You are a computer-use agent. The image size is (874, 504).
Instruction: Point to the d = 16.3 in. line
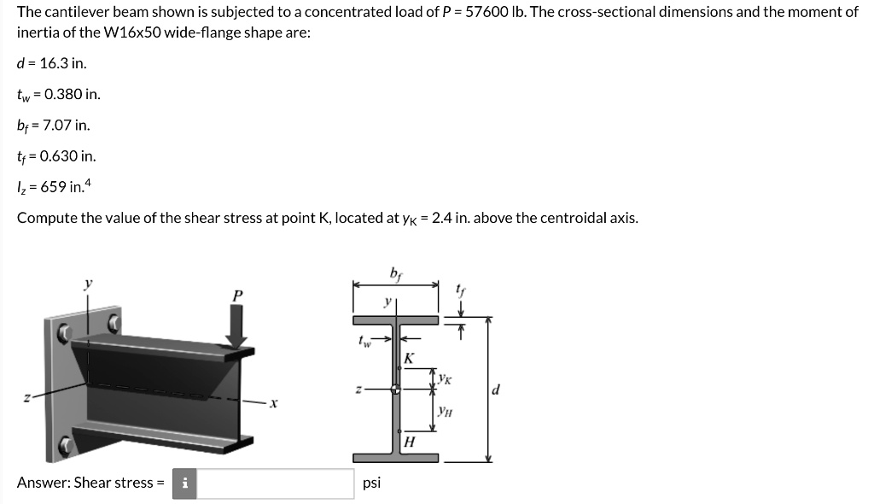(51, 63)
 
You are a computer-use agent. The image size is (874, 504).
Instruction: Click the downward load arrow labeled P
(236, 325)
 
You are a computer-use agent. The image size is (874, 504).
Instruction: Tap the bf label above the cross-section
(395, 274)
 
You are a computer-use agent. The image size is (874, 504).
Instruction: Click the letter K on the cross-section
(410, 358)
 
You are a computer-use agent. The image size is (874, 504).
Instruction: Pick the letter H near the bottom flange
(410, 442)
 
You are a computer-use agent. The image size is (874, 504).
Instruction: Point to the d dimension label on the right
(497, 390)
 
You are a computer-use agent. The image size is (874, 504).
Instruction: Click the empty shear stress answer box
(278, 483)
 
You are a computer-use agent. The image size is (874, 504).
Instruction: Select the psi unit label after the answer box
(372, 483)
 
